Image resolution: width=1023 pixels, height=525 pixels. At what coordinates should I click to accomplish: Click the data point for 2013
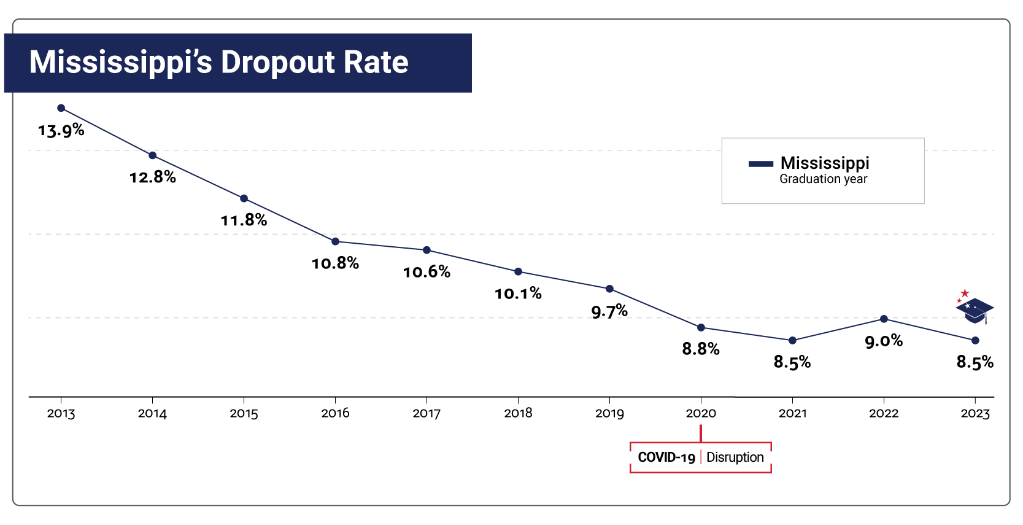pos(61,108)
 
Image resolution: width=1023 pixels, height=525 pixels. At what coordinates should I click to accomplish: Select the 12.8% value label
pos(152,177)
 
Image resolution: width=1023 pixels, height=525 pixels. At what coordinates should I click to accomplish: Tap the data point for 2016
pos(335,241)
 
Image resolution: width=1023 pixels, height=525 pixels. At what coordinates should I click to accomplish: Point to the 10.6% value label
pos(427,272)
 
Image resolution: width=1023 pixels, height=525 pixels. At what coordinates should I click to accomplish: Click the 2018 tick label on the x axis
pos(518,413)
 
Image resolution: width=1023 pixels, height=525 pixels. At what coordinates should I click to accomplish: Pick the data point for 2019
pos(609,289)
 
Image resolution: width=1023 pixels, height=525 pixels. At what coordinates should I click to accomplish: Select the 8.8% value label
pos(701,349)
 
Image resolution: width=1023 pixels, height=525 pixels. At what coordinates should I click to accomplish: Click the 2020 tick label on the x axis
pos(701,413)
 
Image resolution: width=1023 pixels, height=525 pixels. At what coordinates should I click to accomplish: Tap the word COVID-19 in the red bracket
pos(666,457)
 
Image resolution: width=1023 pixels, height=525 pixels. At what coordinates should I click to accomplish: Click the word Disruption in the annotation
pos(735,457)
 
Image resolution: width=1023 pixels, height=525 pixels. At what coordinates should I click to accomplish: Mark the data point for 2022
pos(884,319)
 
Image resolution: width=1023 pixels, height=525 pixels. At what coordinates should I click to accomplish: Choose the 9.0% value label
pos(884,341)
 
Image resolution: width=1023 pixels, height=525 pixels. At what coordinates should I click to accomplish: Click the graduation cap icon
pos(975,311)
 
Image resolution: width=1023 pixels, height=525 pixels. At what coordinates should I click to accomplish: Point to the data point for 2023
pos(975,340)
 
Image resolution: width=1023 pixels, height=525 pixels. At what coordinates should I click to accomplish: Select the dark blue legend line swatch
pos(760,164)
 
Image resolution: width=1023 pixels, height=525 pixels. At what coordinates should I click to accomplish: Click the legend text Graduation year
pos(823,179)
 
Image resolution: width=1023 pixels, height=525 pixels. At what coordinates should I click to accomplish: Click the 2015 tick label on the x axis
pos(244,413)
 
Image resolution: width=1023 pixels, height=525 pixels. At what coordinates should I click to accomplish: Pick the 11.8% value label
pos(244,220)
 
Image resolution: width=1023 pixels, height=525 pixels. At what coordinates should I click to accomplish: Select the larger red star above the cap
pos(965,293)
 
